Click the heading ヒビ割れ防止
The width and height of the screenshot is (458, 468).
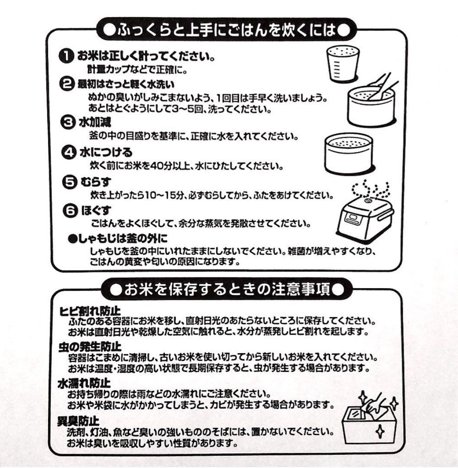point(90,311)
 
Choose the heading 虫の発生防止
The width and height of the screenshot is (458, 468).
point(90,347)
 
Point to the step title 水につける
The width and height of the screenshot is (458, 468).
point(105,153)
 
